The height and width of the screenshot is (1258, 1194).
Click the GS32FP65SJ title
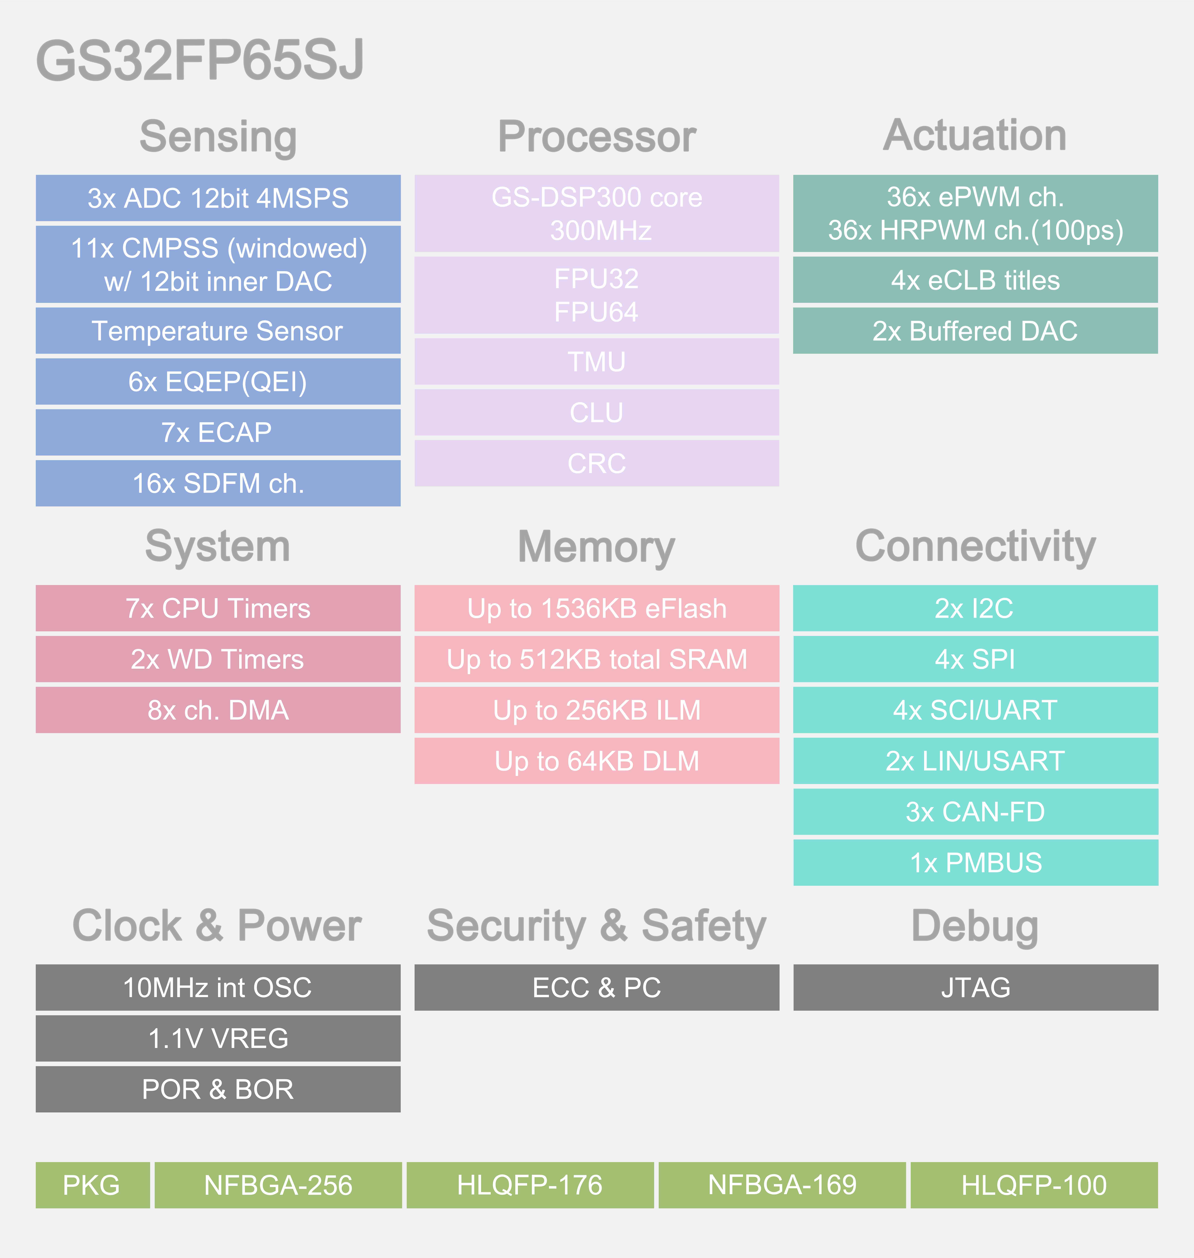pos(200,60)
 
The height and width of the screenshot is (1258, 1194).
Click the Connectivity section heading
pos(975,546)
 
